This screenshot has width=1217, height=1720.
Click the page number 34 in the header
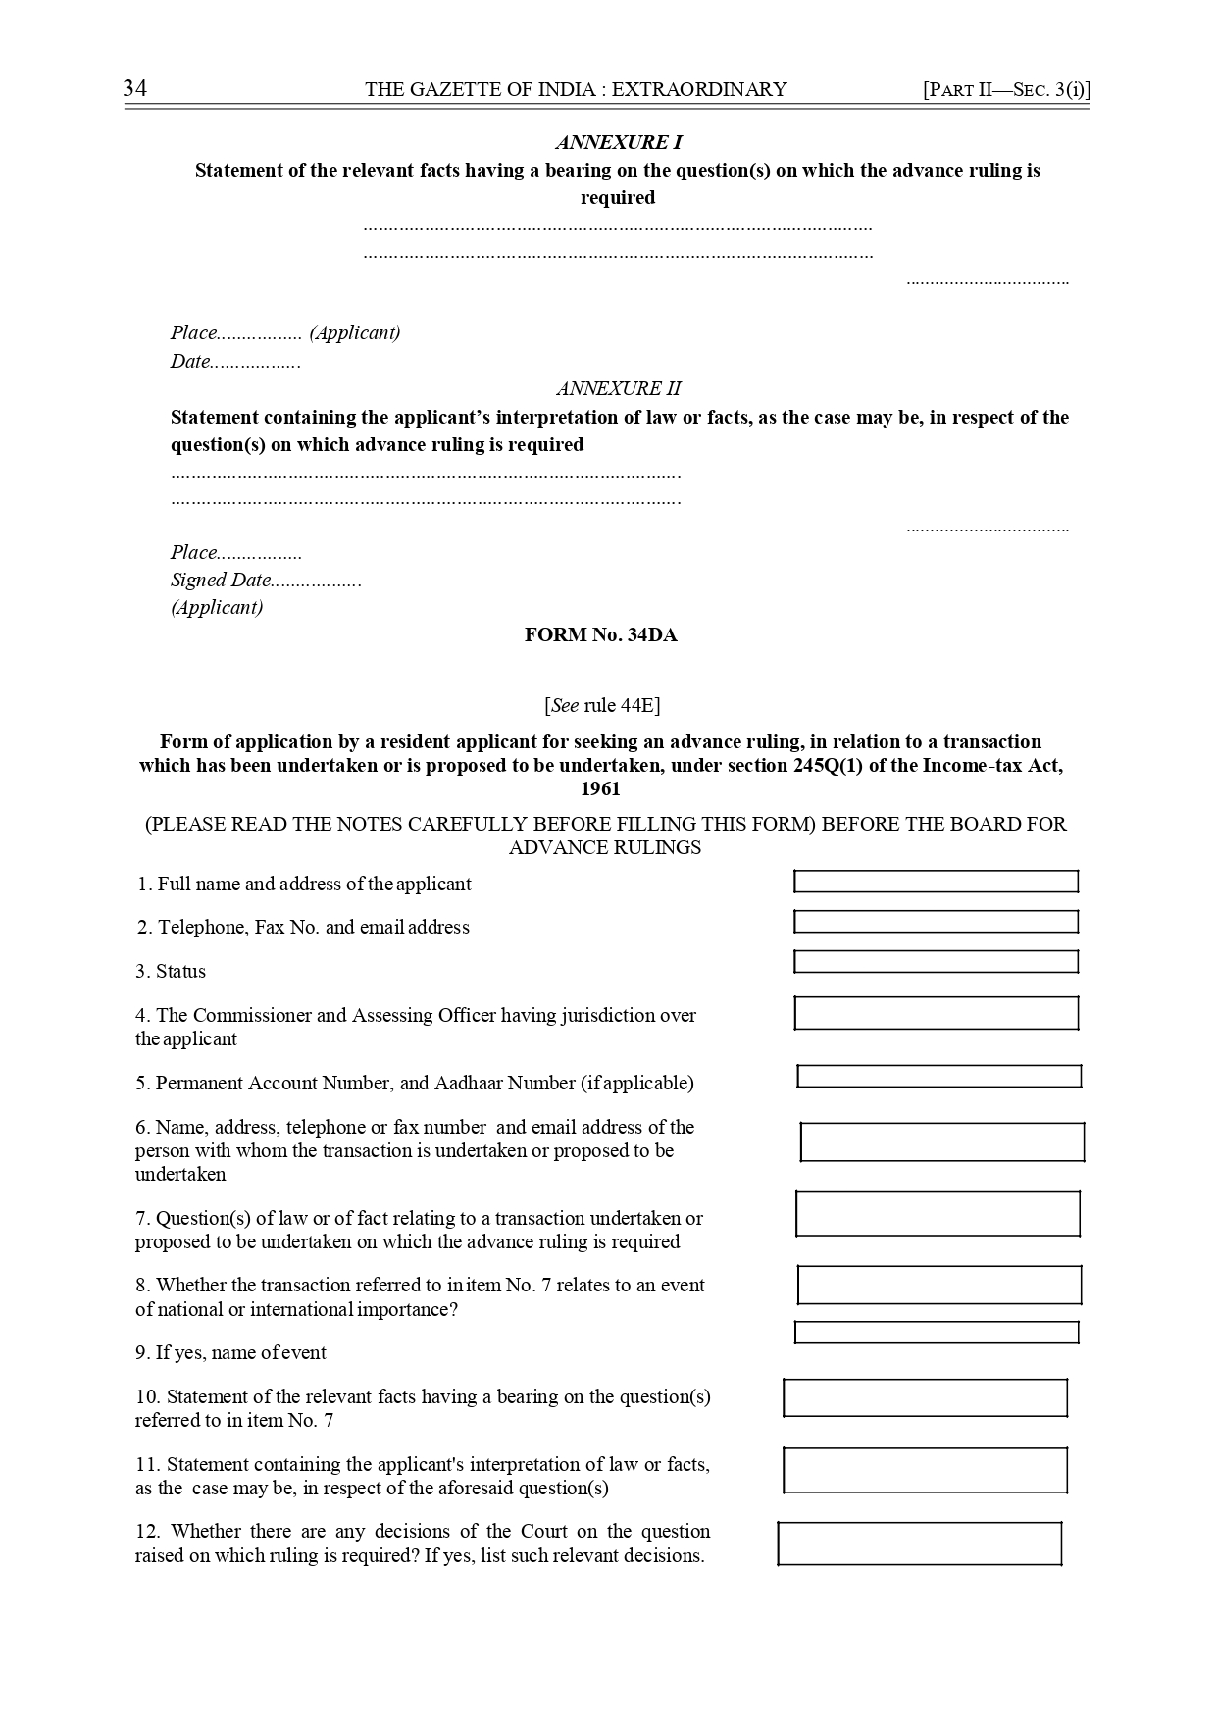click(135, 89)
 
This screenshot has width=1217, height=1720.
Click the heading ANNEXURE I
click(618, 143)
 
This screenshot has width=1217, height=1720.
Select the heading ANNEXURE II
click(618, 388)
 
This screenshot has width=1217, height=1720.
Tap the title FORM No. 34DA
click(600, 635)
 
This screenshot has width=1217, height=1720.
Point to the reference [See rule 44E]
click(601, 705)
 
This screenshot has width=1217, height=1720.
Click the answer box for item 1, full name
click(936, 882)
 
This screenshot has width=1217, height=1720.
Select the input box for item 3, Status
click(936, 961)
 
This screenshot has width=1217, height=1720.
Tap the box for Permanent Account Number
click(938, 1076)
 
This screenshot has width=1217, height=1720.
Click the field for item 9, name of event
click(936, 1332)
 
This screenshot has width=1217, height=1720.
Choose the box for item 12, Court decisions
click(919, 1543)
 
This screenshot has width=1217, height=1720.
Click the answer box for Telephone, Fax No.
click(936, 922)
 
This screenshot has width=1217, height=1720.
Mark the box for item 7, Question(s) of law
click(938, 1213)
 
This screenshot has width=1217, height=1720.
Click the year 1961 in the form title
click(600, 789)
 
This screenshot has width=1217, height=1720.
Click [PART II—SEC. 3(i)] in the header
click(1006, 90)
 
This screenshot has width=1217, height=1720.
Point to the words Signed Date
click(220, 580)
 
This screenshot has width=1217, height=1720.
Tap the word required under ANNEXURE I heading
click(618, 198)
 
